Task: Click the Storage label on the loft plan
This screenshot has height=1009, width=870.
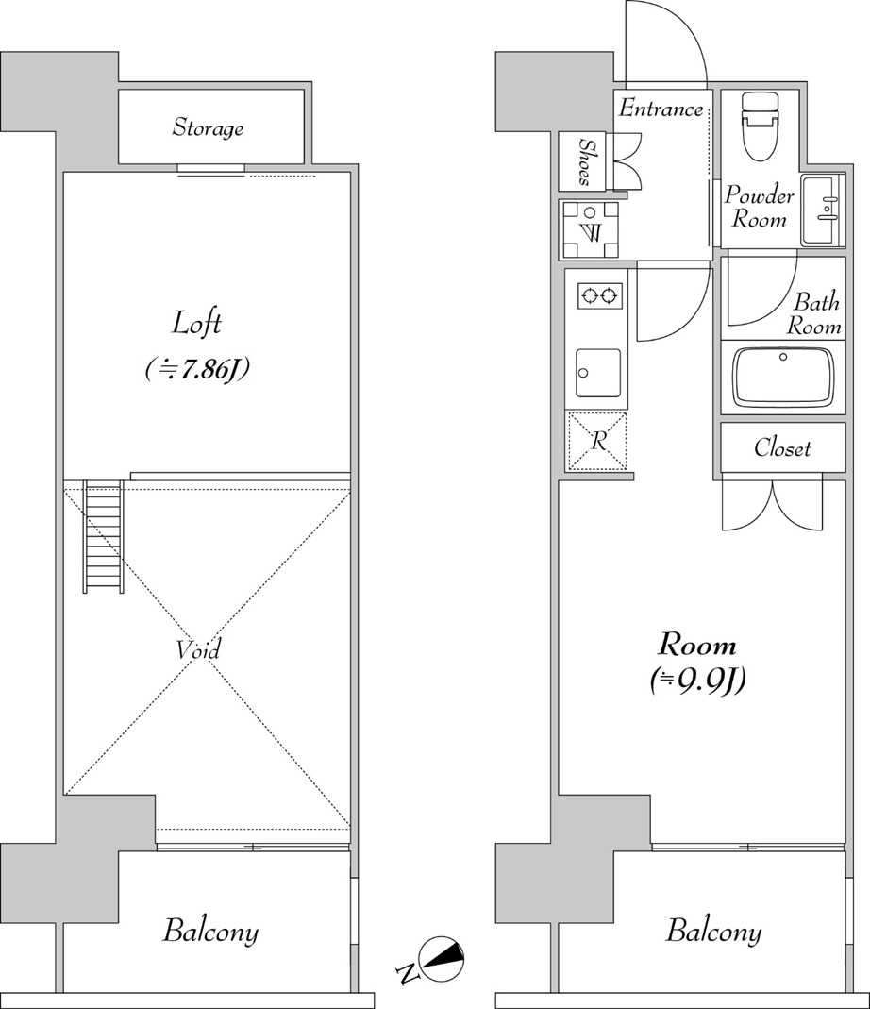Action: pos(208,127)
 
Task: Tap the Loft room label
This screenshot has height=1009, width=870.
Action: pos(197,323)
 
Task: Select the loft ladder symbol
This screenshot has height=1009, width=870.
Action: pos(103,535)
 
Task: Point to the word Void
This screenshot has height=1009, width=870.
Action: pos(198,650)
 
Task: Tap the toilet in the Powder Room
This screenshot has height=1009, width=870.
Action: pos(760,126)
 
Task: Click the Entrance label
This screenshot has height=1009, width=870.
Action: pos(661,109)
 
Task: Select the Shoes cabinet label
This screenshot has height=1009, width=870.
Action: pos(586,161)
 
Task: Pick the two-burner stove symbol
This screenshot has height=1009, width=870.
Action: pos(599,296)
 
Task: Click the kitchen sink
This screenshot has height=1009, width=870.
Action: pos(598,373)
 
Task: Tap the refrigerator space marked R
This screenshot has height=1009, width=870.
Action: pos(598,442)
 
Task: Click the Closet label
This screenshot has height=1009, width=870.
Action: pos(782,448)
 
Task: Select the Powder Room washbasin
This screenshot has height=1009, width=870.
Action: pos(822,210)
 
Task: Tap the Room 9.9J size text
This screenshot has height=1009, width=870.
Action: pos(697,680)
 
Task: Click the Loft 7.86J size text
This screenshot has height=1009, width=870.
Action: pos(197,369)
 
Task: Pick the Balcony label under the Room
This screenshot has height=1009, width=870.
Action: pos(713,932)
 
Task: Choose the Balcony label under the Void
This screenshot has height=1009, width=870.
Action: pos(210,932)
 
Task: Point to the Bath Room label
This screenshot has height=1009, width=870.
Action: pos(814,314)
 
